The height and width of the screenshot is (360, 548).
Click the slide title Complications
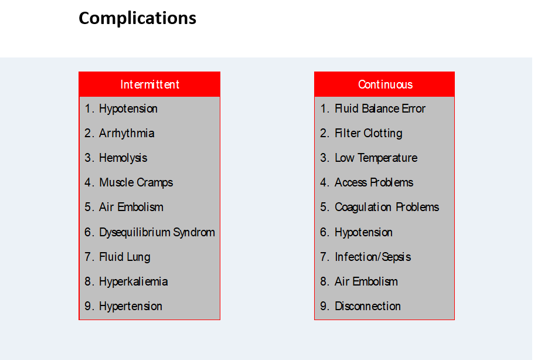(x=137, y=18)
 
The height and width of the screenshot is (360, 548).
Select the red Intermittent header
(x=149, y=84)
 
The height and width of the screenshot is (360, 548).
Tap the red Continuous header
(x=384, y=84)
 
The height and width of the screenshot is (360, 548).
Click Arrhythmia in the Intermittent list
(x=127, y=134)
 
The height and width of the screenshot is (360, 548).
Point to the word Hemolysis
(x=123, y=158)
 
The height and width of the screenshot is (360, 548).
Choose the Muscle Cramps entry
(x=136, y=182)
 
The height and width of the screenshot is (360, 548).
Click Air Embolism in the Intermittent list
(x=131, y=207)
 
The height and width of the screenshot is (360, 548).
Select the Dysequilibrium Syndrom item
(x=157, y=232)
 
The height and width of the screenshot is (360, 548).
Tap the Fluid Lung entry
(x=125, y=257)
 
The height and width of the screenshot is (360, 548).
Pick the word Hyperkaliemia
(x=134, y=281)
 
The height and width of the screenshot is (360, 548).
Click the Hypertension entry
(x=131, y=307)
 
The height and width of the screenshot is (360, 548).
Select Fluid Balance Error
(x=380, y=108)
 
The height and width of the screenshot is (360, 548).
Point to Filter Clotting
(x=369, y=134)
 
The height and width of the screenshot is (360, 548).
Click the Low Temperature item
(x=376, y=158)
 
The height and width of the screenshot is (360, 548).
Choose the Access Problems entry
(x=374, y=182)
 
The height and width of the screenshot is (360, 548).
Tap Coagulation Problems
(x=387, y=207)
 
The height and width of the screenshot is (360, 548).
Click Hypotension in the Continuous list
(x=363, y=232)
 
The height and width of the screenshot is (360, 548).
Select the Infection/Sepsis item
(x=373, y=257)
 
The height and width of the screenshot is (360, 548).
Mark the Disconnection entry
(x=367, y=306)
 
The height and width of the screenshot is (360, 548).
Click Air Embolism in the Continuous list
(x=366, y=281)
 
